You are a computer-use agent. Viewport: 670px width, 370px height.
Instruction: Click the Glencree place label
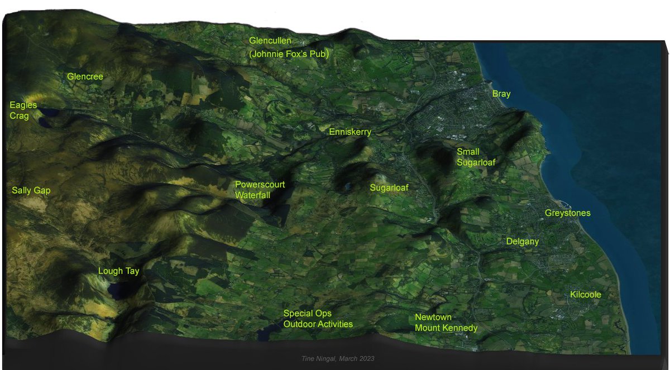click(85, 76)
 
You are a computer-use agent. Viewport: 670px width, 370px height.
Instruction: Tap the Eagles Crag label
click(23, 110)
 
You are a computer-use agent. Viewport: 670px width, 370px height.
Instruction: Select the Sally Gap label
click(31, 190)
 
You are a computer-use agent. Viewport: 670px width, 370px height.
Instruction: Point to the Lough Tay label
click(118, 271)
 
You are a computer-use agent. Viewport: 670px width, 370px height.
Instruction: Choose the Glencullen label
click(270, 41)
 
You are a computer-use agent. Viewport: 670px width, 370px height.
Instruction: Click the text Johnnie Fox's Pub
click(288, 54)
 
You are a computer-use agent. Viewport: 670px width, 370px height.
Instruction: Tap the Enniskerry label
click(350, 132)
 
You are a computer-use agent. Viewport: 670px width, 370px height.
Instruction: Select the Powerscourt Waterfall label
click(260, 190)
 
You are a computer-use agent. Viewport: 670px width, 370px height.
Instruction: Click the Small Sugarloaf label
click(476, 157)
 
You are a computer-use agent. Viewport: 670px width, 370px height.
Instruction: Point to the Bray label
click(501, 94)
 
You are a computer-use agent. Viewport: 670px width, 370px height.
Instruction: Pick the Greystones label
click(567, 213)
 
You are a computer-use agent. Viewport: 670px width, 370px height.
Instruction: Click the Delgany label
click(522, 242)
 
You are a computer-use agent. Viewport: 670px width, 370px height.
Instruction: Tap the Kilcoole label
click(585, 294)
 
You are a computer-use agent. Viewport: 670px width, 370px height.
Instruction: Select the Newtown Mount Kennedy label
click(446, 323)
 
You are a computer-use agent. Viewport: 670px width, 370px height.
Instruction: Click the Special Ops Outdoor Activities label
click(318, 319)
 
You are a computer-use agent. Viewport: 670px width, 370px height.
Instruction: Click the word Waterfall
click(252, 195)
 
